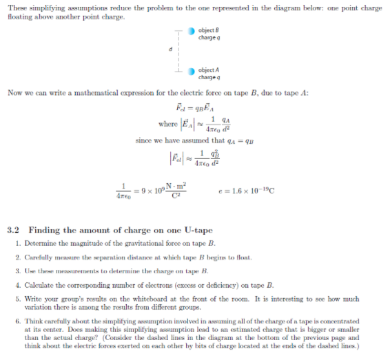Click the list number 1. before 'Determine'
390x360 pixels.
[x=16, y=244]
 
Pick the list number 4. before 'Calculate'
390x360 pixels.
[x=16, y=283]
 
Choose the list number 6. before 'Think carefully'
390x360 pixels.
[x=16, y=321]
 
